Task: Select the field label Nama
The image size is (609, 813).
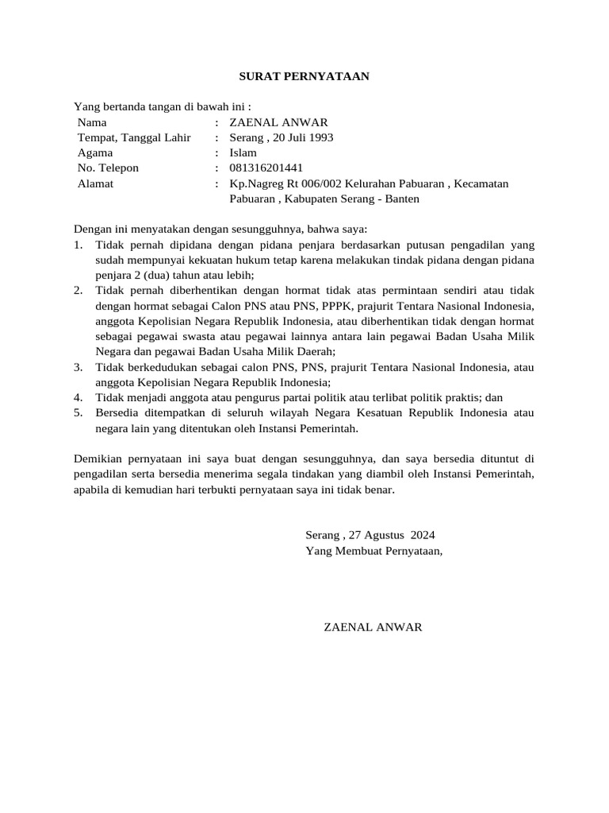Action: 92,122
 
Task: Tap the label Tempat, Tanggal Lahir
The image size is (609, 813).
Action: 134,137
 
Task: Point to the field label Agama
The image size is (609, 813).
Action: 95,152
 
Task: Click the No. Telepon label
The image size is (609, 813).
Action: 108,168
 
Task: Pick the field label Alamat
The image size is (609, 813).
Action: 95,183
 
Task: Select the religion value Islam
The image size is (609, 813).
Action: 243,152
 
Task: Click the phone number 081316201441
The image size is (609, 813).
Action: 266,168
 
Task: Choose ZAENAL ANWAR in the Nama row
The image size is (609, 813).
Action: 278,122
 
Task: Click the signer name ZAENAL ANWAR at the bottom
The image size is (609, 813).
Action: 373,627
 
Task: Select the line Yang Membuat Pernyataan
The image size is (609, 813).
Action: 374,550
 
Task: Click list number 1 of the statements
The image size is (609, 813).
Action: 78,245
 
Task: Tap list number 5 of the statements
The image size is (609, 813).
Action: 78,413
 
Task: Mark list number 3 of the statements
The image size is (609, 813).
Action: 78,367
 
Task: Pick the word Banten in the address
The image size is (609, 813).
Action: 402,198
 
